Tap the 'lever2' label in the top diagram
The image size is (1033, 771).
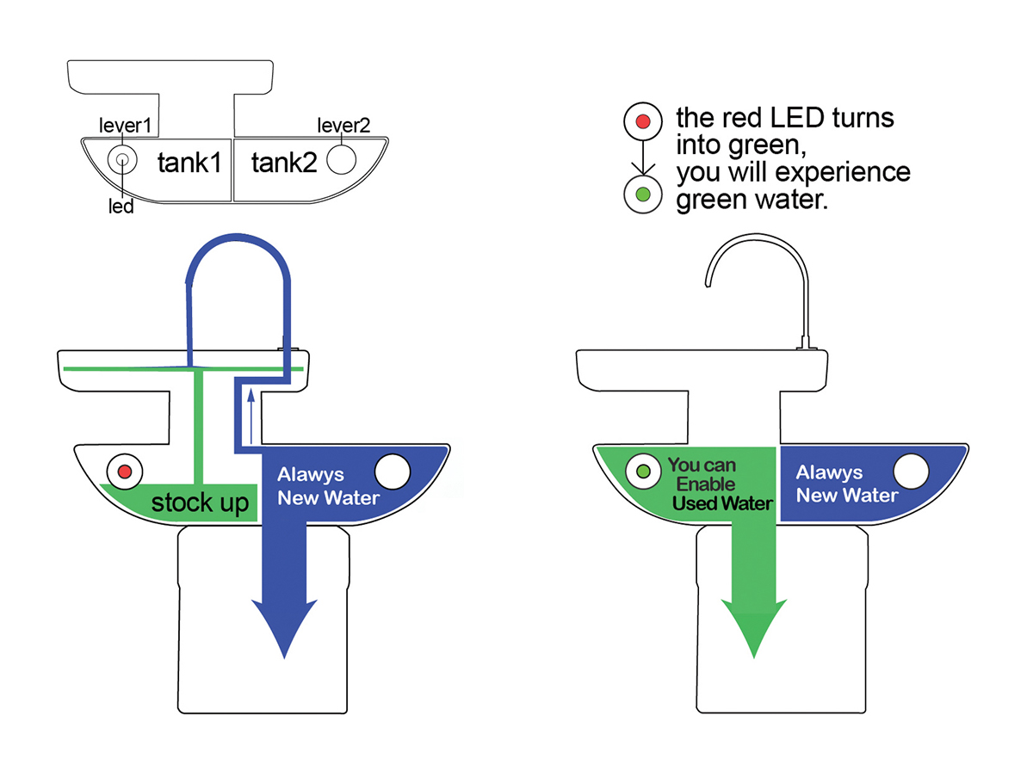pos(344,126)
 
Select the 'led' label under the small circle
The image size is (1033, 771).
pos(121,207)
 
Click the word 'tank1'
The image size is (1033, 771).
pos(189,163)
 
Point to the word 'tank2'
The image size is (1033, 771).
pos(284,163)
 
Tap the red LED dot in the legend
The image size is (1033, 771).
pos(642,121)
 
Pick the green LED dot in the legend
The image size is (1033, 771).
pos(642,194)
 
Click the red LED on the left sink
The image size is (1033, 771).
pos(124,471)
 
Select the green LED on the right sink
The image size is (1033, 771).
pos(642,471)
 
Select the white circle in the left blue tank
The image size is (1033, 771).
pos(393,472)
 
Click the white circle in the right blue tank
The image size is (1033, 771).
pos(911,472)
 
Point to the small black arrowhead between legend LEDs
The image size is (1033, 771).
pos(642,168)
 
